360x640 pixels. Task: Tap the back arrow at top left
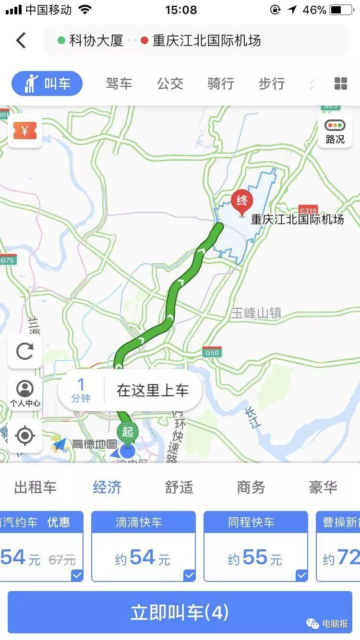click(x=21, y=40)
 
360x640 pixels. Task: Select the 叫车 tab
click(x=47, y=83)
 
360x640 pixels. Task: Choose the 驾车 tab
click(x=119, y=83)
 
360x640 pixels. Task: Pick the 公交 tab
click(x=170, y=83)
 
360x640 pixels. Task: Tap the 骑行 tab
click(x=221, y=83)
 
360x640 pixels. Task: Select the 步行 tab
click(x=272, y=83)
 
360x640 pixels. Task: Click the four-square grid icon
click(x=340, y=83)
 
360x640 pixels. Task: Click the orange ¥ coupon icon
click(x=25, y=130)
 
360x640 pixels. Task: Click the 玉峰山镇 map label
click(x=256, y=314)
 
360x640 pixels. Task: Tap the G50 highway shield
click(x=212, y=353)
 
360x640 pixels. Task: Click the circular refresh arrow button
click(x=25, y=351)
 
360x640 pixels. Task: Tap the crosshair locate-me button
click(x=25, y=436)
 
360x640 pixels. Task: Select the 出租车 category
click(x=36, y=487)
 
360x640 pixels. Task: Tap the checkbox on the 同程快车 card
click(x=301, y=575)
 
